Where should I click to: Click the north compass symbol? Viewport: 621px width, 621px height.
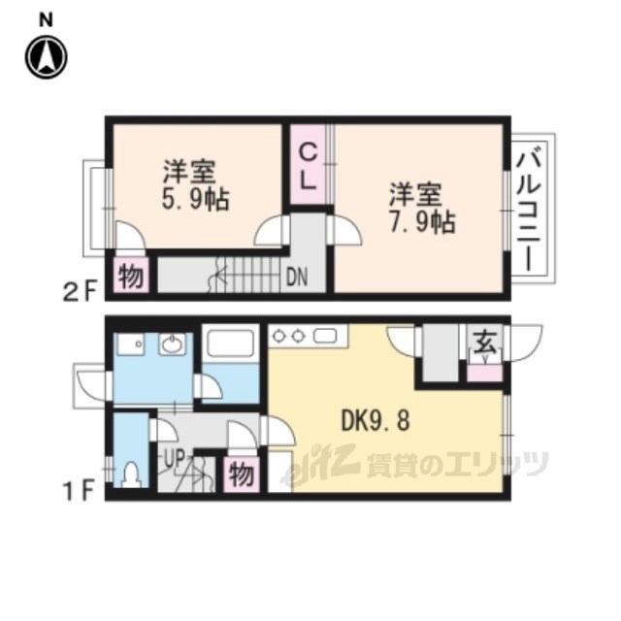click(47, 57)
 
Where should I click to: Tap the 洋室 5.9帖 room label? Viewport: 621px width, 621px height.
click(195, 185)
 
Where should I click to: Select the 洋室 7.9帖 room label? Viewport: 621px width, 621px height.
click(422, 208)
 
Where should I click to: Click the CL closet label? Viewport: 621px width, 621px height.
click(308, 167)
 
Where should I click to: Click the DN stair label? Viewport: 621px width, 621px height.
click(297, 278)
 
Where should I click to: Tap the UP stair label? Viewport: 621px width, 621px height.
click(175, 459)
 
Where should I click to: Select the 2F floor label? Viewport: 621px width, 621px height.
click(80, 293)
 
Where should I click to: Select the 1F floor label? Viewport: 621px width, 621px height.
click(80, 491)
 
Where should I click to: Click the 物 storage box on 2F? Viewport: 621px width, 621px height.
click(131, 276)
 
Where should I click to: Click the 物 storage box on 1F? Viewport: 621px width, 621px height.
click(242, 474)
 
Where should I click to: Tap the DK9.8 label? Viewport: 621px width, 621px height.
click(376, 420)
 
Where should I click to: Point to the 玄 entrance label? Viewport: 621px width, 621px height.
click(485, 343)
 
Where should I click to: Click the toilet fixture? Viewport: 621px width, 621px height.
click(131, 474)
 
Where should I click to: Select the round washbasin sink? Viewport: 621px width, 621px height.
click(173, 343)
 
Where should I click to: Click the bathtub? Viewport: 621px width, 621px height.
click(231, 343)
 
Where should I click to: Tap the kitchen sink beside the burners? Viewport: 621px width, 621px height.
click(325, 337)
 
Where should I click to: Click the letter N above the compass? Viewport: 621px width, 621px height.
click(46, 19)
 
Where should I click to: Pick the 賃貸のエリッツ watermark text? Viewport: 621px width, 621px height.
click(458, 464)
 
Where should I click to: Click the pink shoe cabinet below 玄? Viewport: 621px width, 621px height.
click(485, 374)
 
